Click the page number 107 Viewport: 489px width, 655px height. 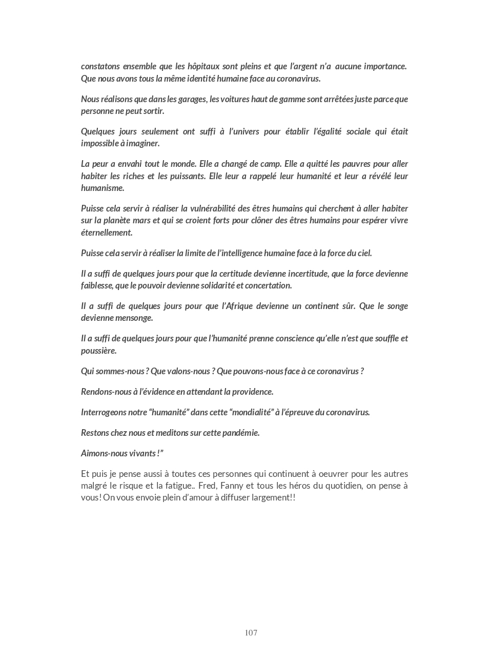pyautogui.click(x=251, y=632)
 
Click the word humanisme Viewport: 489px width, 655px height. pyautogui.click(x=103, y=188)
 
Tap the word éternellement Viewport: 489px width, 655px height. pyautogui.click(x=107, y=233)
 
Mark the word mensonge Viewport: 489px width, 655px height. pyautogui.click(x=134, y=318)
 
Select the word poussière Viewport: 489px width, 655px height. pyautogui.click(x=99, y=351)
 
